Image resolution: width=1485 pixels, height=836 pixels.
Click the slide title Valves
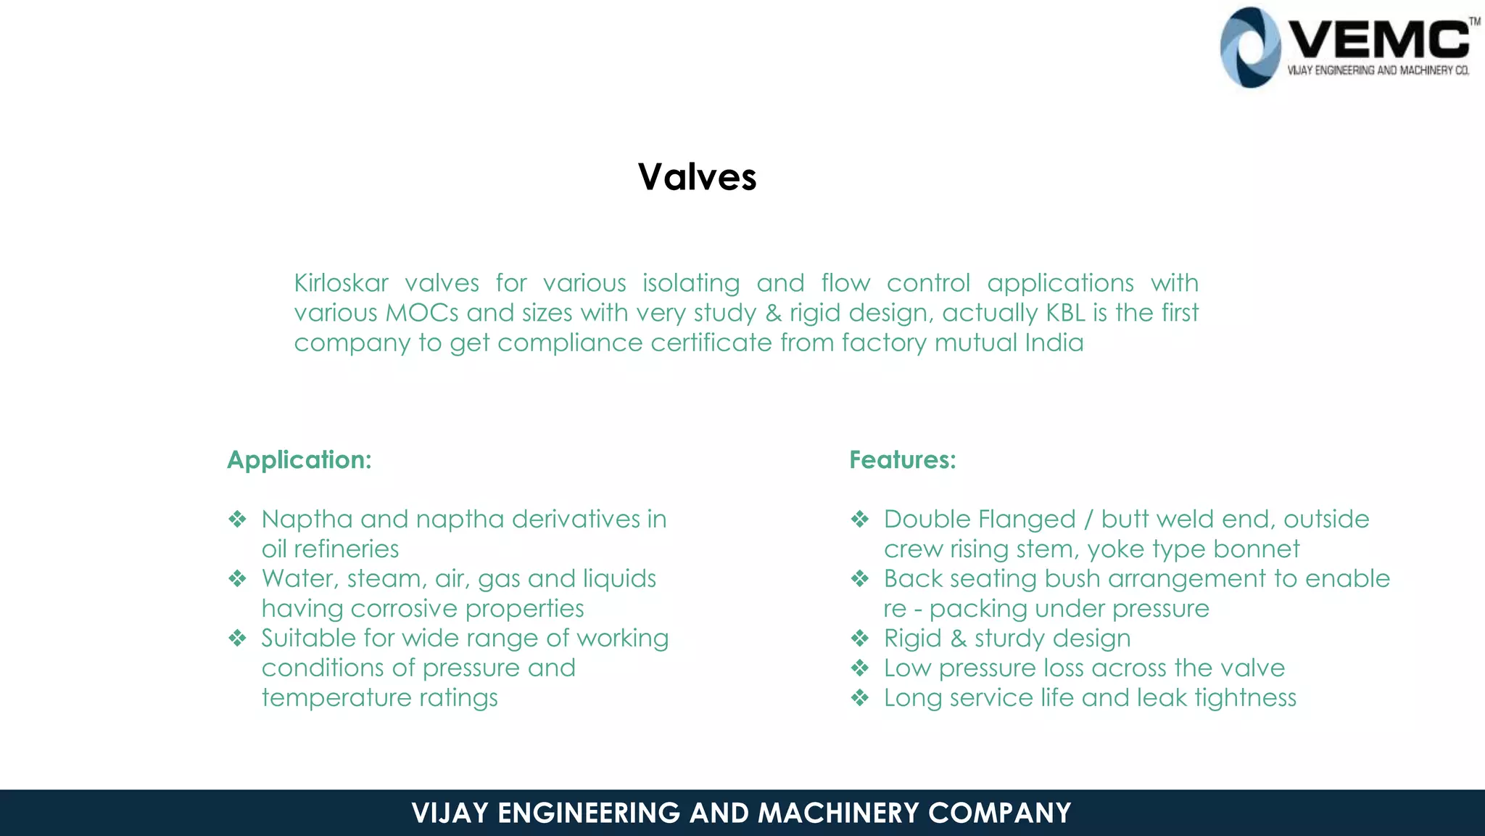[697, 177]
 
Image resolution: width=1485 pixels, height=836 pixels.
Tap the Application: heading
[299, 459]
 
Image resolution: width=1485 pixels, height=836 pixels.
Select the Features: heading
[902, 459]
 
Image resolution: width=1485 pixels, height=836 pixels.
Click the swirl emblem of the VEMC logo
[1249, 48]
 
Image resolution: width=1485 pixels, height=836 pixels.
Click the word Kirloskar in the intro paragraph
[341, 283]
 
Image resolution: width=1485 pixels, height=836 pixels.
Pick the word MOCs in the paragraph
[421, 313]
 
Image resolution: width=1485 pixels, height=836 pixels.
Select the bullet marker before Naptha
[237, 519]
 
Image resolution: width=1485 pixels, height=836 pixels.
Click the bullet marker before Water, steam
[237, 578]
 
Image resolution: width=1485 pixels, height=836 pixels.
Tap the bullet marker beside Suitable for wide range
[237, 638]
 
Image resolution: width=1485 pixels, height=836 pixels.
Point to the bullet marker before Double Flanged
[859, 519]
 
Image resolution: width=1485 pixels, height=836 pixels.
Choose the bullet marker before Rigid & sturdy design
[859, 638]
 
